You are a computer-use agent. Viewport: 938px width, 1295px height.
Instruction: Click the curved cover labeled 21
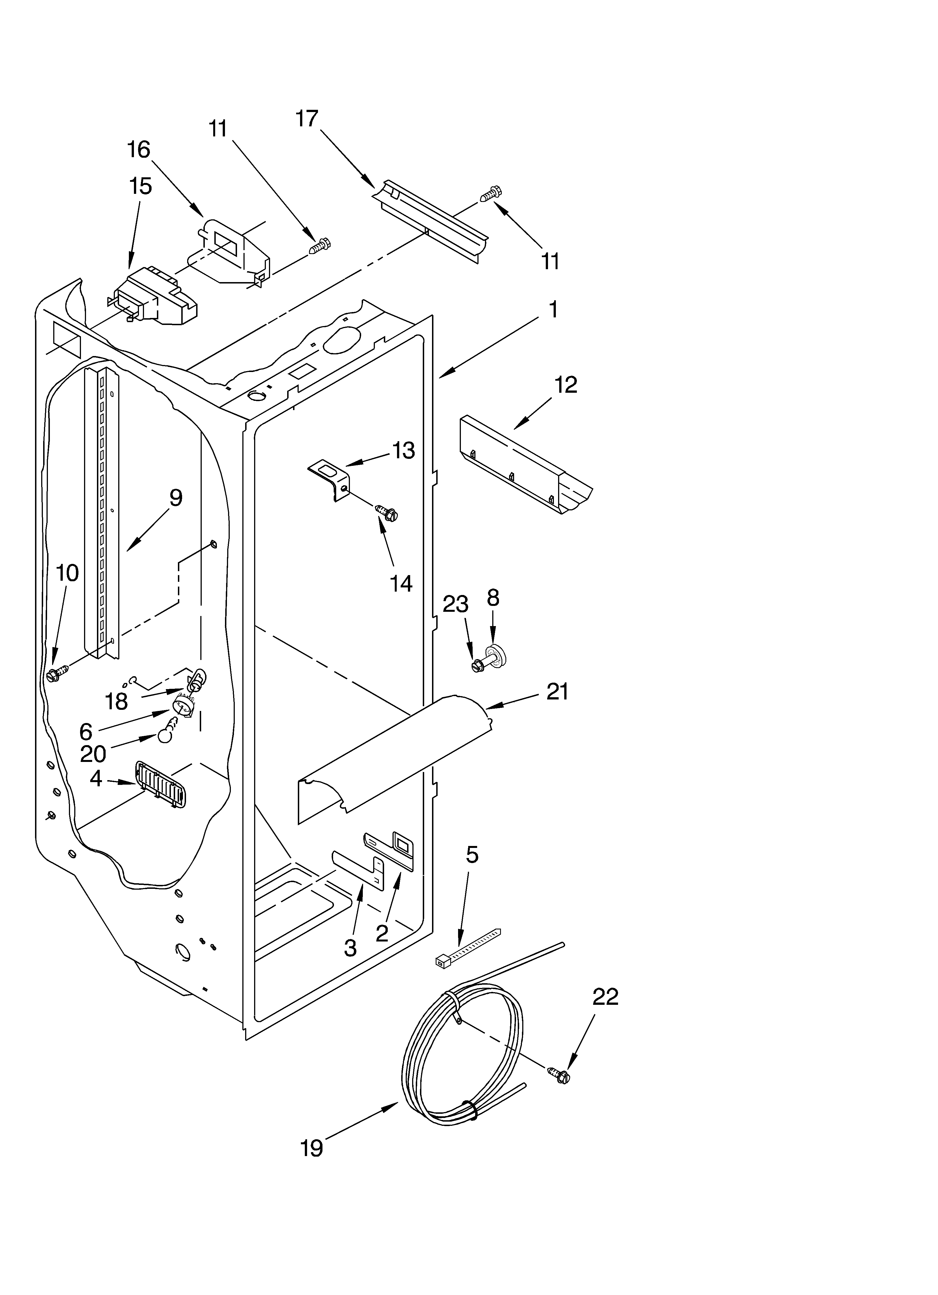coord(394,754)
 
